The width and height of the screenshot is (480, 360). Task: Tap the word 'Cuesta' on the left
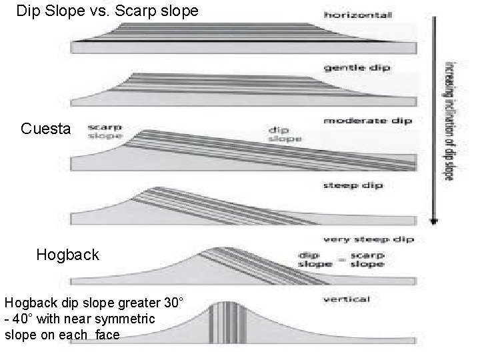46,129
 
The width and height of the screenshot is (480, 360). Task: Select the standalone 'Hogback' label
67,255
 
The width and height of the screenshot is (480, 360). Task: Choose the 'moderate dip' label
367,121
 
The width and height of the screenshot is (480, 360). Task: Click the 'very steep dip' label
367,239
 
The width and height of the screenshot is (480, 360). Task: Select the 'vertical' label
346,299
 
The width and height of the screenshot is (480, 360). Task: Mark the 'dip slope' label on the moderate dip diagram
285,134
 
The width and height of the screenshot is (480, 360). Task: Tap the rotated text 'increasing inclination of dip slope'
449,120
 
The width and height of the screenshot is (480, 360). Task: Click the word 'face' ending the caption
107,335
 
